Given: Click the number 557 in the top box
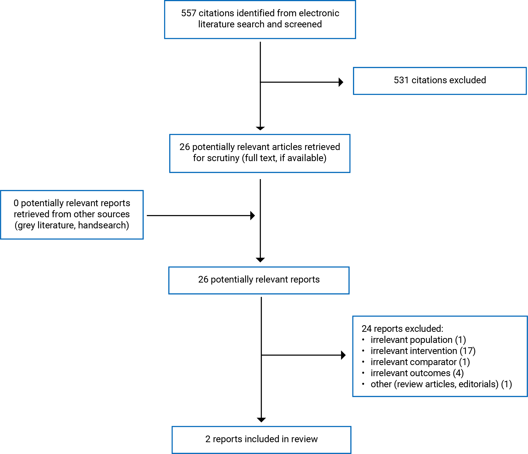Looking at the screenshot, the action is coord(188,13).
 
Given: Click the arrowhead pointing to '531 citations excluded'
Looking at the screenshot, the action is coord(341,82).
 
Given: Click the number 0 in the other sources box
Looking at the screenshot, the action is coord(16,203).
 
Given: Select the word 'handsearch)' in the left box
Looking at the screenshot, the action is coord(104,225).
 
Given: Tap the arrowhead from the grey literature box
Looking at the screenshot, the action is coord(253,216).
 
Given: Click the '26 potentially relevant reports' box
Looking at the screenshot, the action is coord(259,280).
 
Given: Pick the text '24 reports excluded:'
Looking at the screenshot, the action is coord(402,329).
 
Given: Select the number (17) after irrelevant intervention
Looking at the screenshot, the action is coord(468,351).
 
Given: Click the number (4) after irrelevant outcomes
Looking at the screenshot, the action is coord(458,373).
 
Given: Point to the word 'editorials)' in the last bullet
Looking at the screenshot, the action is coord(479,384).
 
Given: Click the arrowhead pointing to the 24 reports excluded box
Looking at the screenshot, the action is coord(343,355).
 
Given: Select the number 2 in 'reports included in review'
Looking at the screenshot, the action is coord(208,439).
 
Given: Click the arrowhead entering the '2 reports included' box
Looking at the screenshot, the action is coord(261,420).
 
